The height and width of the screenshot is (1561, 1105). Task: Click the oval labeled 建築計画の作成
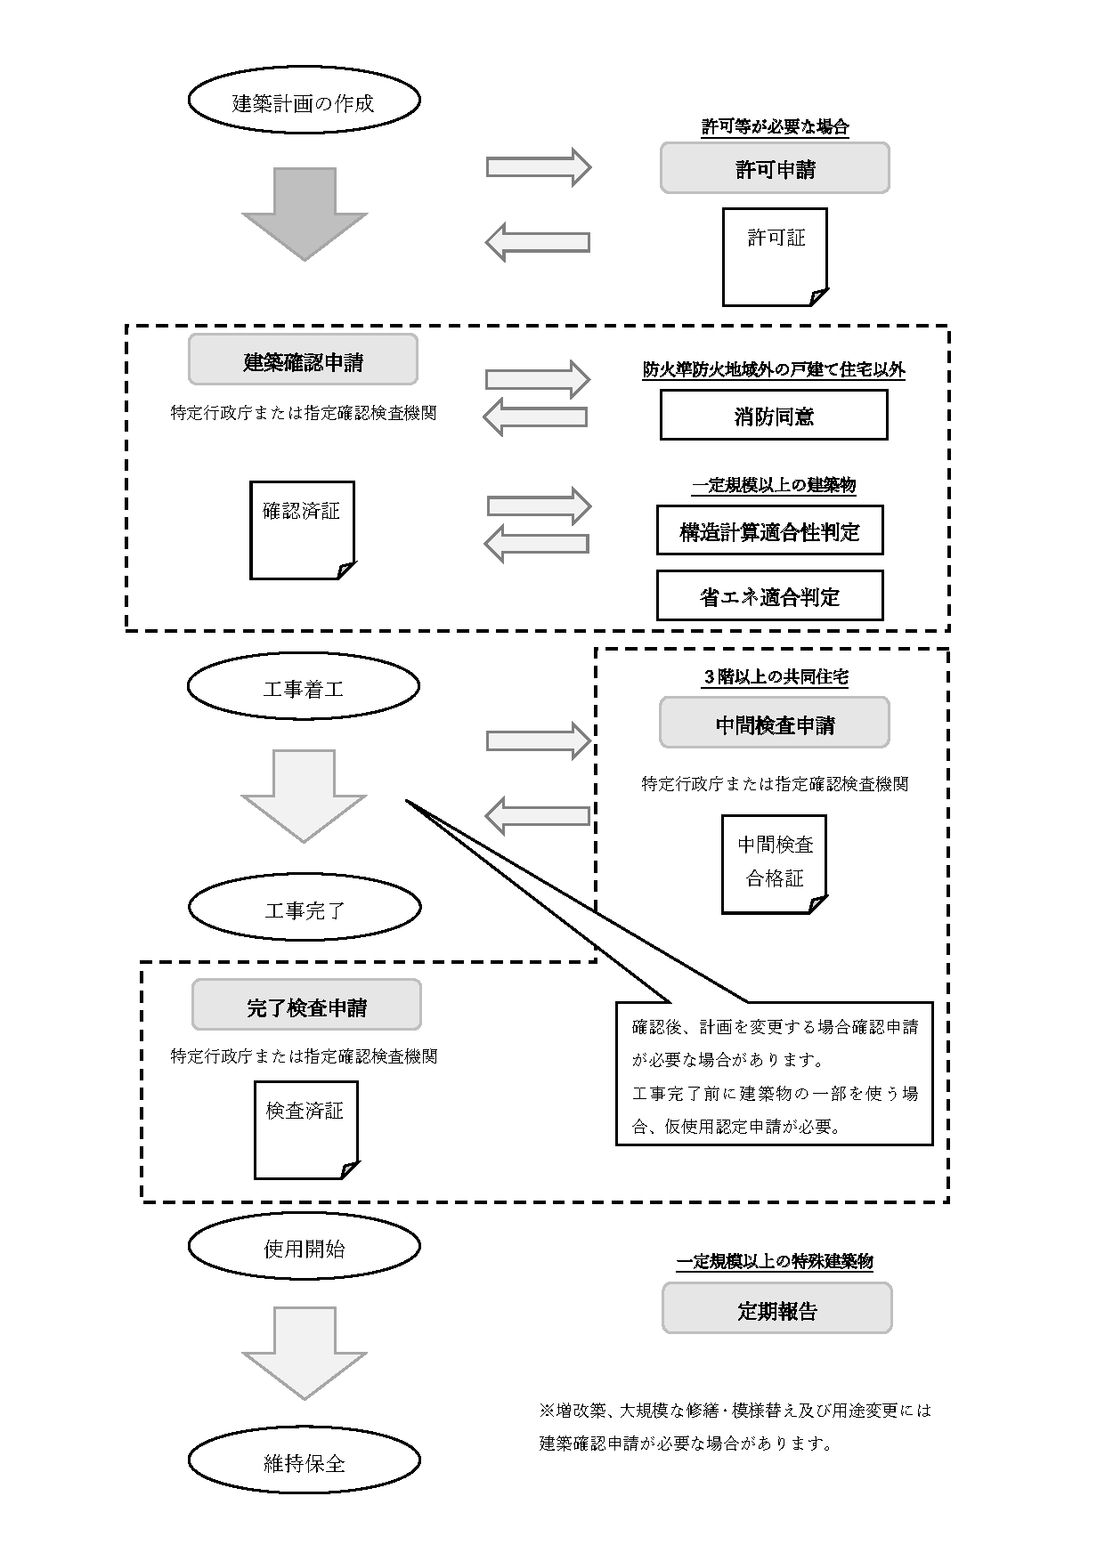click(304, 101)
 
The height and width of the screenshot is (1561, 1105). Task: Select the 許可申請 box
click(775, 168)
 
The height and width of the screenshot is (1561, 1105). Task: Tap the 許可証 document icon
click(775, 256)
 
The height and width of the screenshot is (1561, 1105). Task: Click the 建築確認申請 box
click(303, 360)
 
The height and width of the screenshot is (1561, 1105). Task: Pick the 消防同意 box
click(774, 415)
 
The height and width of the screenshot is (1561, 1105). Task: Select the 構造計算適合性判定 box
click(769, 530)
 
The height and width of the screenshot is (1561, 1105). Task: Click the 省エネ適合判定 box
click(769, 595)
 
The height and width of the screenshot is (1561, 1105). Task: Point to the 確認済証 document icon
click(302, 530)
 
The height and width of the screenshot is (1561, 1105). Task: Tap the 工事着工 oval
click(304, 688)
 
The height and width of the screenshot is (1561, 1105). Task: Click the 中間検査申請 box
click(775, 724)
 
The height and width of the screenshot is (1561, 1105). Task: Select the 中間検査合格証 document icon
click(775, 863)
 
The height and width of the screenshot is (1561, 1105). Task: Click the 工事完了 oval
click(304, 909)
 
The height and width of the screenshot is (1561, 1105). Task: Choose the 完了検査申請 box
click(306, 1006)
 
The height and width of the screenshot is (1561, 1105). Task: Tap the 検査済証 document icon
click(305, 1129)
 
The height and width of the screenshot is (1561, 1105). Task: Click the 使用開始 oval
click(304, 1248)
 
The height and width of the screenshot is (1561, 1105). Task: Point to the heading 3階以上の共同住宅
click(775, 677)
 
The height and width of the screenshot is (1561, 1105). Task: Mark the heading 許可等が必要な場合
click(775, 127)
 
